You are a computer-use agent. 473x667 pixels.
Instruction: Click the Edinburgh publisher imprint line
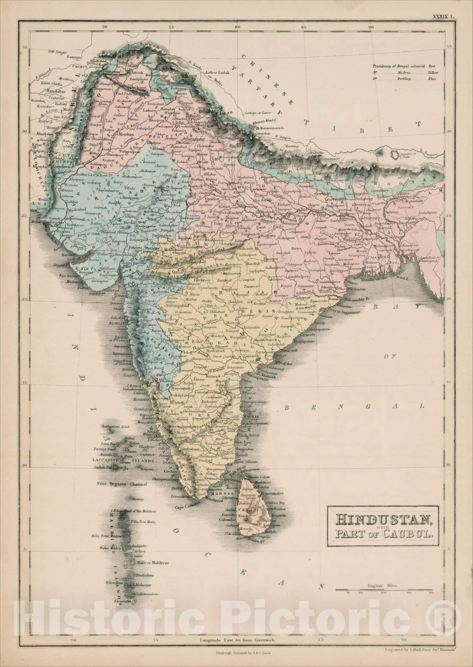click(x=242, y=653)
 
